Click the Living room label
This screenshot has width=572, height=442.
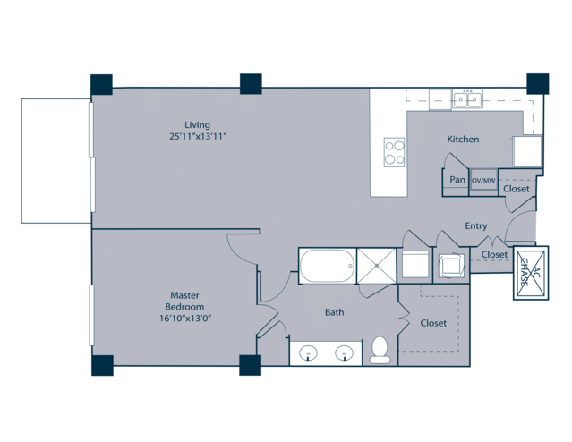pos(197,124)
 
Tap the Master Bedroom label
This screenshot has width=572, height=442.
pos(184,301)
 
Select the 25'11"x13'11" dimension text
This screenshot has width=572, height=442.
pos(198,137)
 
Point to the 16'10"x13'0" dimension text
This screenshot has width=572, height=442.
pos(185,319)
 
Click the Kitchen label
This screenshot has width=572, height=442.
pos(463,139)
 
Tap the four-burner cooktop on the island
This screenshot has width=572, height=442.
pos(395,152)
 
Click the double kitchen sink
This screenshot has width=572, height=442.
pos(467,98)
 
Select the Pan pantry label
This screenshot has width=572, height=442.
pos(457,180)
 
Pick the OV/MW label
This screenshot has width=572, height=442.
pos(483,181)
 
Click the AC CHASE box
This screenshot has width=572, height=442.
pos(531,273)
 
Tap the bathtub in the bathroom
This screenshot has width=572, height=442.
pos(327,266)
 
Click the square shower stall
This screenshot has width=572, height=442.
pos(377,266)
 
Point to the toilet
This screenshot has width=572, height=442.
pos(380,350)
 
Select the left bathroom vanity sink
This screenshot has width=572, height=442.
pos(308,353)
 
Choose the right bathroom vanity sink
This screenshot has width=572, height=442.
pos(345,353)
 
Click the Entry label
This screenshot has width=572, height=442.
pos(476,225)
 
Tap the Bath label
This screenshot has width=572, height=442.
pos(335,312)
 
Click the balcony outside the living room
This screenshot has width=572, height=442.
pos(56,161)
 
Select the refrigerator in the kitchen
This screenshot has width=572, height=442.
pos(527,151)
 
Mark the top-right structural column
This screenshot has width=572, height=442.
pos(538,84)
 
